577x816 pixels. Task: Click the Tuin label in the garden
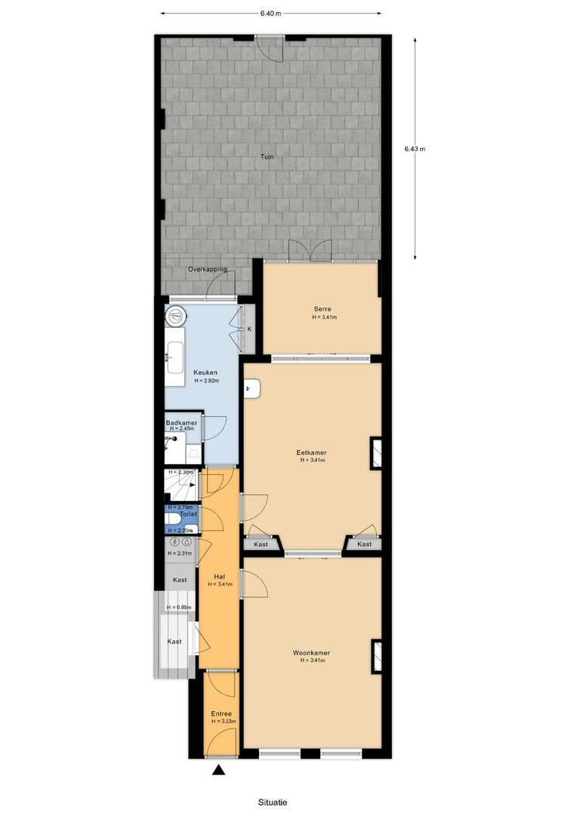point(267,157)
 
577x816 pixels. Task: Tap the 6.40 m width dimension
point(270,14)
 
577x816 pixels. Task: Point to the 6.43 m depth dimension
point(415,149)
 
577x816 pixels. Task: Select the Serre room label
point(324,308)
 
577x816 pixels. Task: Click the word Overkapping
point(207,269)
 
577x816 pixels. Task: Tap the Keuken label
point(205,372)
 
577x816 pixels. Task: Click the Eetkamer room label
point(311,454)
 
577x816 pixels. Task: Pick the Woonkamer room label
point(311,653)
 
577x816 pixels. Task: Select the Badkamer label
point(181,422)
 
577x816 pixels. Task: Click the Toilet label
point(188,514)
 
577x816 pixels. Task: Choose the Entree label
point(221,713)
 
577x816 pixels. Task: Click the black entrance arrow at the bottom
point(219,771)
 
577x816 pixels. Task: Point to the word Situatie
point(271,802)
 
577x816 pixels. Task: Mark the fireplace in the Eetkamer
point(375,453)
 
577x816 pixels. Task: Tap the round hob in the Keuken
point(175,315)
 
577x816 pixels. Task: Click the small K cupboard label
point(249,329)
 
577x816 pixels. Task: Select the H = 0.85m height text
point(180,607)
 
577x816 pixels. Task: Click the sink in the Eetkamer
point(253,389)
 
